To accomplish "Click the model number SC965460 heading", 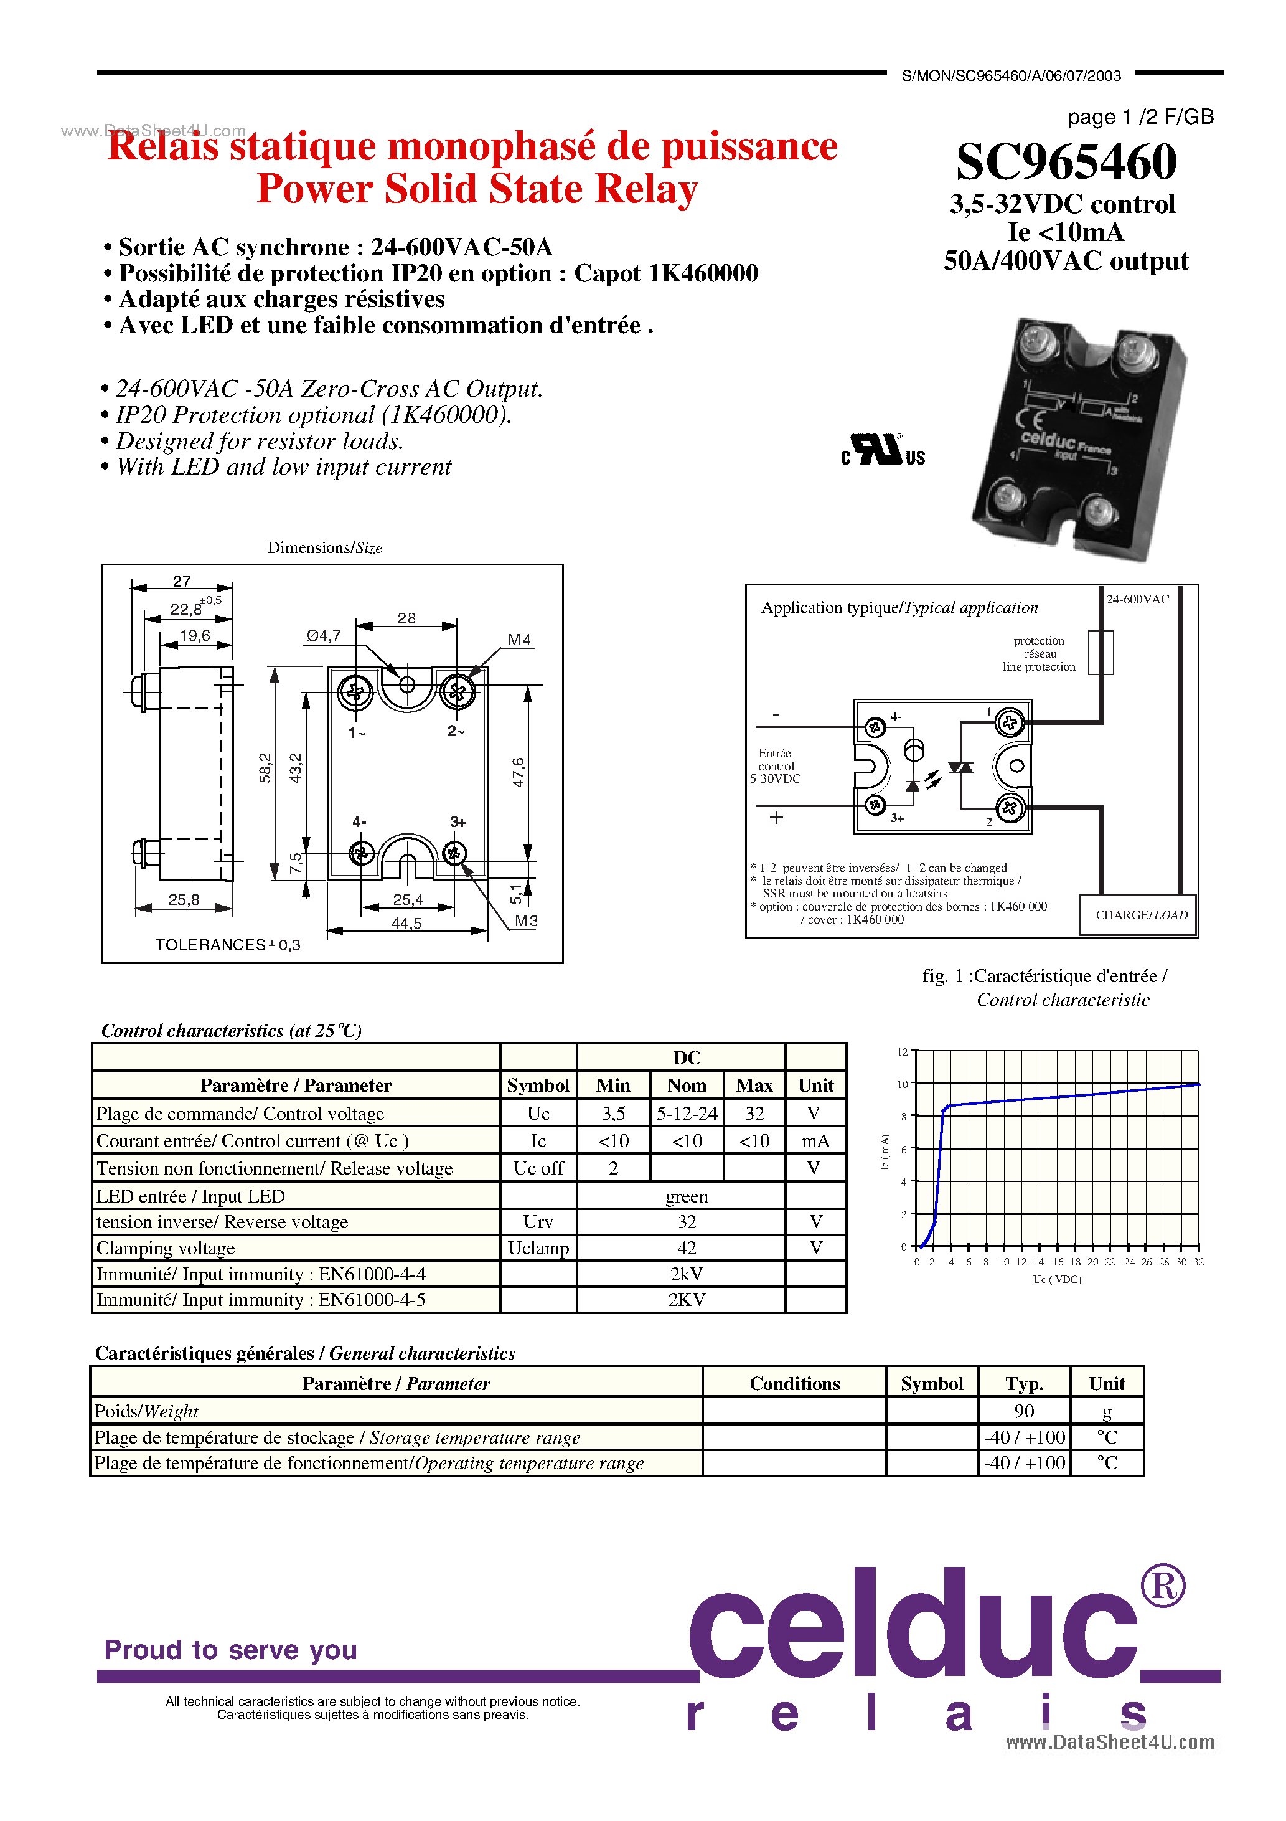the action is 1066,162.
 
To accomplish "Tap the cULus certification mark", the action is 883,450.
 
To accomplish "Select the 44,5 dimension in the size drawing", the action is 406,923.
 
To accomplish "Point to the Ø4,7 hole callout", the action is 324,635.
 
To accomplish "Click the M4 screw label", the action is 519,639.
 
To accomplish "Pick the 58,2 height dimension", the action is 265,768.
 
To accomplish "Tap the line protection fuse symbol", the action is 1100,652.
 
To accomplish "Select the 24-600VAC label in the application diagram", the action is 1137,599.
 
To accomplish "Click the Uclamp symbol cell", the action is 538,1247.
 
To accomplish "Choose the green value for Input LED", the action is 686,1196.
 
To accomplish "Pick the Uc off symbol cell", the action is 538,1168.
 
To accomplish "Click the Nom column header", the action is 686,1085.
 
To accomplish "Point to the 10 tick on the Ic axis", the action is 903,1084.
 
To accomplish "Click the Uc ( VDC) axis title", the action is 1057,1279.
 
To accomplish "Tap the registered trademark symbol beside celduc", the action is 1162,1586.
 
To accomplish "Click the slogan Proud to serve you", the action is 231,1650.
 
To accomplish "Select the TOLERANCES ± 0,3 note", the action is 228,945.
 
